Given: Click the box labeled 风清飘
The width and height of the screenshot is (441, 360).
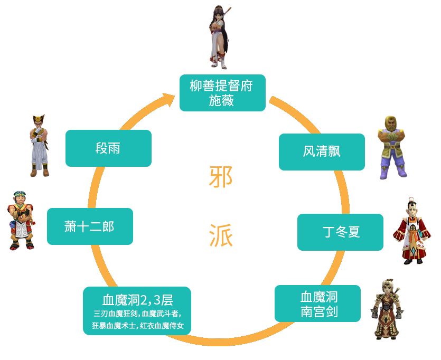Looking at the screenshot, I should [x=321, y=151].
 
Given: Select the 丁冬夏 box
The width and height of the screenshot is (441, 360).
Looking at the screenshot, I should [x=340, y=232].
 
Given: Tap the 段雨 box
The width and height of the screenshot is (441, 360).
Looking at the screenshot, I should [x=108, y=148].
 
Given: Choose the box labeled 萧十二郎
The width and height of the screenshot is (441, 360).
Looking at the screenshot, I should [x=89, y=226].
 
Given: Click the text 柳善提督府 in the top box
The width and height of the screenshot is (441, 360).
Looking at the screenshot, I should [x=221, y=86].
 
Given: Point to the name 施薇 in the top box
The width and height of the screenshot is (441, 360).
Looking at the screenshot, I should [x=221, y=101].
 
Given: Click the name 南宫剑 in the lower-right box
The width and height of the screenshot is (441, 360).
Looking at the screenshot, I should [x=319, y=311].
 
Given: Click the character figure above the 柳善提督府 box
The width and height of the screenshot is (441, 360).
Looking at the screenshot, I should [x=218, y=37].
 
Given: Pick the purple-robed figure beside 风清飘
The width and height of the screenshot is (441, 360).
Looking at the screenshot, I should [x=392, y=148].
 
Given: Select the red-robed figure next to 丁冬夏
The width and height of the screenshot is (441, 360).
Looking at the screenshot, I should [x=411, y=231].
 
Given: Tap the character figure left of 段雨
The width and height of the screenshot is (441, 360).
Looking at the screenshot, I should [x=39, y=145].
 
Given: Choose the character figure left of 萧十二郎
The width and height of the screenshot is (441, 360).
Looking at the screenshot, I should [x=21, y=220].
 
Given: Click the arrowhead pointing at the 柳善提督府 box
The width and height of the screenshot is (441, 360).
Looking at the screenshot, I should [x=170, y=96].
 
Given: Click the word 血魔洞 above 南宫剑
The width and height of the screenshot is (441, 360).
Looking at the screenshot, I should [x=319, y=296].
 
